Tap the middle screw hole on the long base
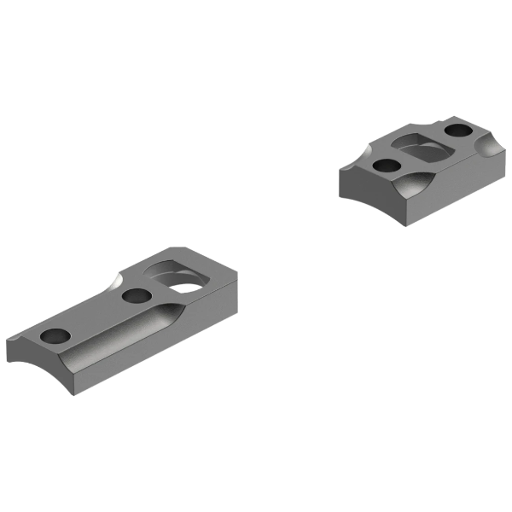[134, 296]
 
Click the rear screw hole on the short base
[459, 131]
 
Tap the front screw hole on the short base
[386, 164]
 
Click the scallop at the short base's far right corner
[491, 154]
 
